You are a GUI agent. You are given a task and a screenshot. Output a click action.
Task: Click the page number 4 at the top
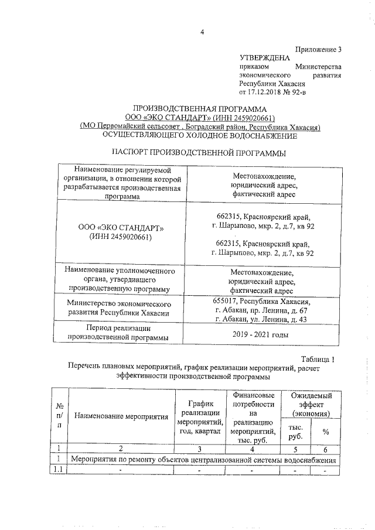click(x=200, y=32)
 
